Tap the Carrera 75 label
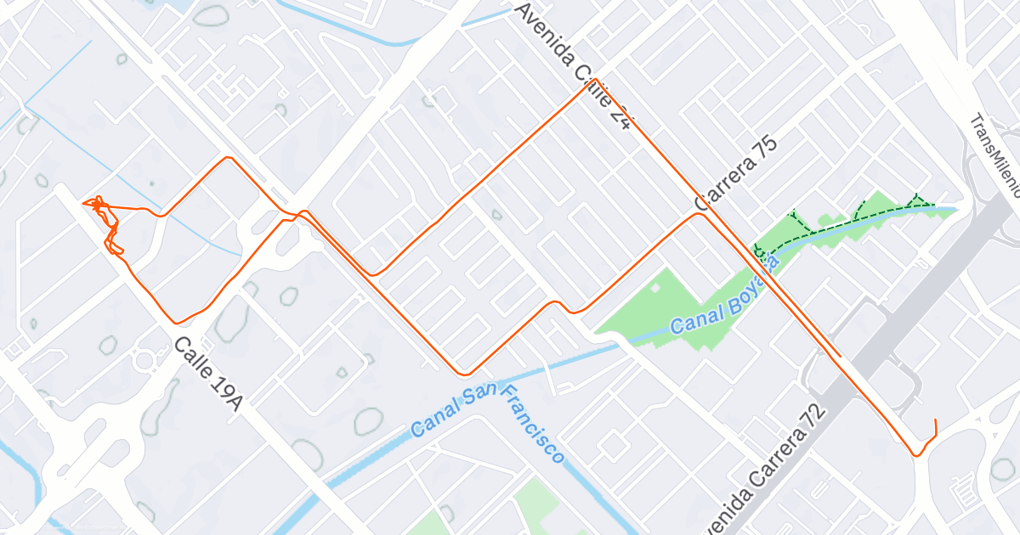(x=735, y=173)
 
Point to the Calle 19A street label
(x=209, y=374)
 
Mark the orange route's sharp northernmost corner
(x=595, y=80)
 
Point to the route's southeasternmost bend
(x=917, y=454)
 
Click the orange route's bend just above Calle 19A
(x=177, y=322)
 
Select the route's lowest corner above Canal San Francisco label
(x=463, y=373)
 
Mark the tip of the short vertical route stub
(x=935, y=420)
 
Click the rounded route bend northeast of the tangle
(x=227, y=158)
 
